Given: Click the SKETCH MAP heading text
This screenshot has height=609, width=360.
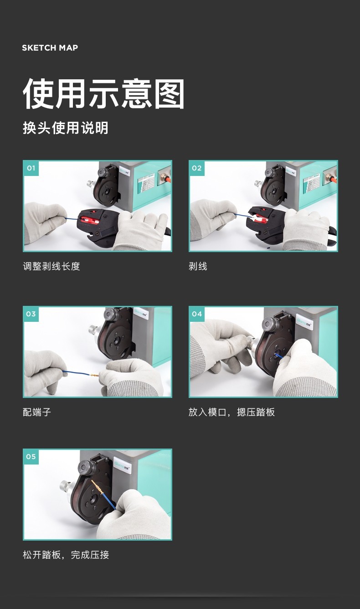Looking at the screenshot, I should (x=50, y=48).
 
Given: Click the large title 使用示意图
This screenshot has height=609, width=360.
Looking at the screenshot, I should (x=104, y=94).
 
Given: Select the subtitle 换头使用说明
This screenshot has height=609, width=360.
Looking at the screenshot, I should (x=66, y=128).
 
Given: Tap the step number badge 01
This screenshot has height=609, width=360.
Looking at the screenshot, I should (x=31, y=168).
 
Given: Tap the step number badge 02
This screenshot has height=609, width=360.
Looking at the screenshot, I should (x=196, y=168).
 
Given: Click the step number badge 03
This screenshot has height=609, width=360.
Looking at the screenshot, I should (x=31, y=314).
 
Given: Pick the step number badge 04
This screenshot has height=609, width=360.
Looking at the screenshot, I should (x=196, y=314).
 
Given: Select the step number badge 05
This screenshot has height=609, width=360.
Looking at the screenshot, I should (x=31, y=457).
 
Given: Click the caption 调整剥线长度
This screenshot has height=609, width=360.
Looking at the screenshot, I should (x=51, y=267).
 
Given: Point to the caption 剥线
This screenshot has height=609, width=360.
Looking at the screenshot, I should (x=198, y=267).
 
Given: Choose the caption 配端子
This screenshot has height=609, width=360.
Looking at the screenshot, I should (x=37, y=413).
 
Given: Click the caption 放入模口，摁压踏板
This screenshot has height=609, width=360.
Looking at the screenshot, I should (x=231, y=413).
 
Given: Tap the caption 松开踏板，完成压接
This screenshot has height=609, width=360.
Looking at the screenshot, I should (x=66, y=555).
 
